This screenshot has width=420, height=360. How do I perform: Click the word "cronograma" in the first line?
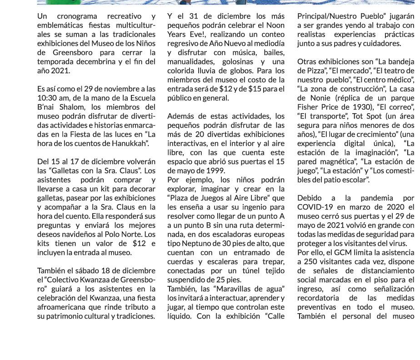point(77,16)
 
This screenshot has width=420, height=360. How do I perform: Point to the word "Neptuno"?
point(195,244)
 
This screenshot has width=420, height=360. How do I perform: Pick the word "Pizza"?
point(316,70)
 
